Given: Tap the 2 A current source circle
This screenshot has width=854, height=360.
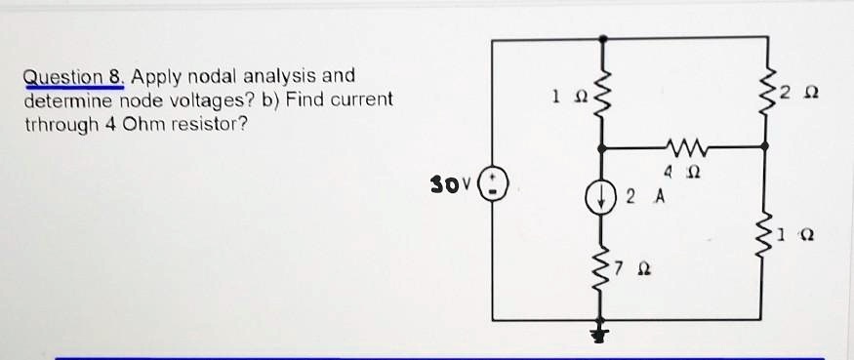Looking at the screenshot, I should tap(598, 195).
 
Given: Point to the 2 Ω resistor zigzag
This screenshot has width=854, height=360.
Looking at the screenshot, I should tap(764, 93).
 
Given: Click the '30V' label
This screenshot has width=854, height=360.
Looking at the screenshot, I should tap(452, 183).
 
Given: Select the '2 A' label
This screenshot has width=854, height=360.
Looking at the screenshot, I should tap(644, 196).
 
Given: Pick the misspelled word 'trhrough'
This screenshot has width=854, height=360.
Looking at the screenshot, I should tap(60, 124).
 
